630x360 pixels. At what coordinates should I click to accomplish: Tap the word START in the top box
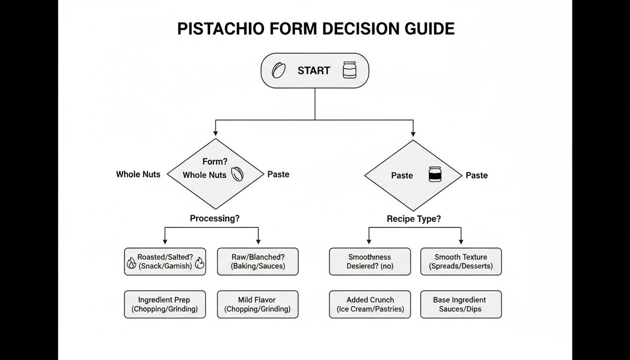314,71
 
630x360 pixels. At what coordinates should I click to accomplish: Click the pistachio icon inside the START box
279,71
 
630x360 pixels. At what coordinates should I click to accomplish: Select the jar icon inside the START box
349,70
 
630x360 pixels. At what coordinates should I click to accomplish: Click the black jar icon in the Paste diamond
435,175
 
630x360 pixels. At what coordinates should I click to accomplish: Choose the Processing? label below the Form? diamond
215,218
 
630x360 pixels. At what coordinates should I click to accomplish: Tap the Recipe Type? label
413,219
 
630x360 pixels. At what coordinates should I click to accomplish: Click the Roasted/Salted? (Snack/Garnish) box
165,262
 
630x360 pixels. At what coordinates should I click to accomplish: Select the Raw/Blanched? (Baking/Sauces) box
258,262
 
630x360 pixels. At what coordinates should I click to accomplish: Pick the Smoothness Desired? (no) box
369,262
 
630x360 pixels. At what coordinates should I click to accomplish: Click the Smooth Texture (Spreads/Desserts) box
461,262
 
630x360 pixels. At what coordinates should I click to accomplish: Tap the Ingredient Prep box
165,304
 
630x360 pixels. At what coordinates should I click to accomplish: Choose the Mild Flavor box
258,304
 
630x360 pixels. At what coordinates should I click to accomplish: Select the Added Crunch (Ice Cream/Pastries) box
369,304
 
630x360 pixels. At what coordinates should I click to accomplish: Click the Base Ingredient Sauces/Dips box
461,304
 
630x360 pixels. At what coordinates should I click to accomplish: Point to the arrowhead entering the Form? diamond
215,134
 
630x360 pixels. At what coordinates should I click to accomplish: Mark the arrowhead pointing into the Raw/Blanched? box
258,241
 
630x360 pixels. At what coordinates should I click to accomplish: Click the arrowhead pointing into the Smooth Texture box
461,241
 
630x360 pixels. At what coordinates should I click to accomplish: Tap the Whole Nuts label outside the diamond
138,174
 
